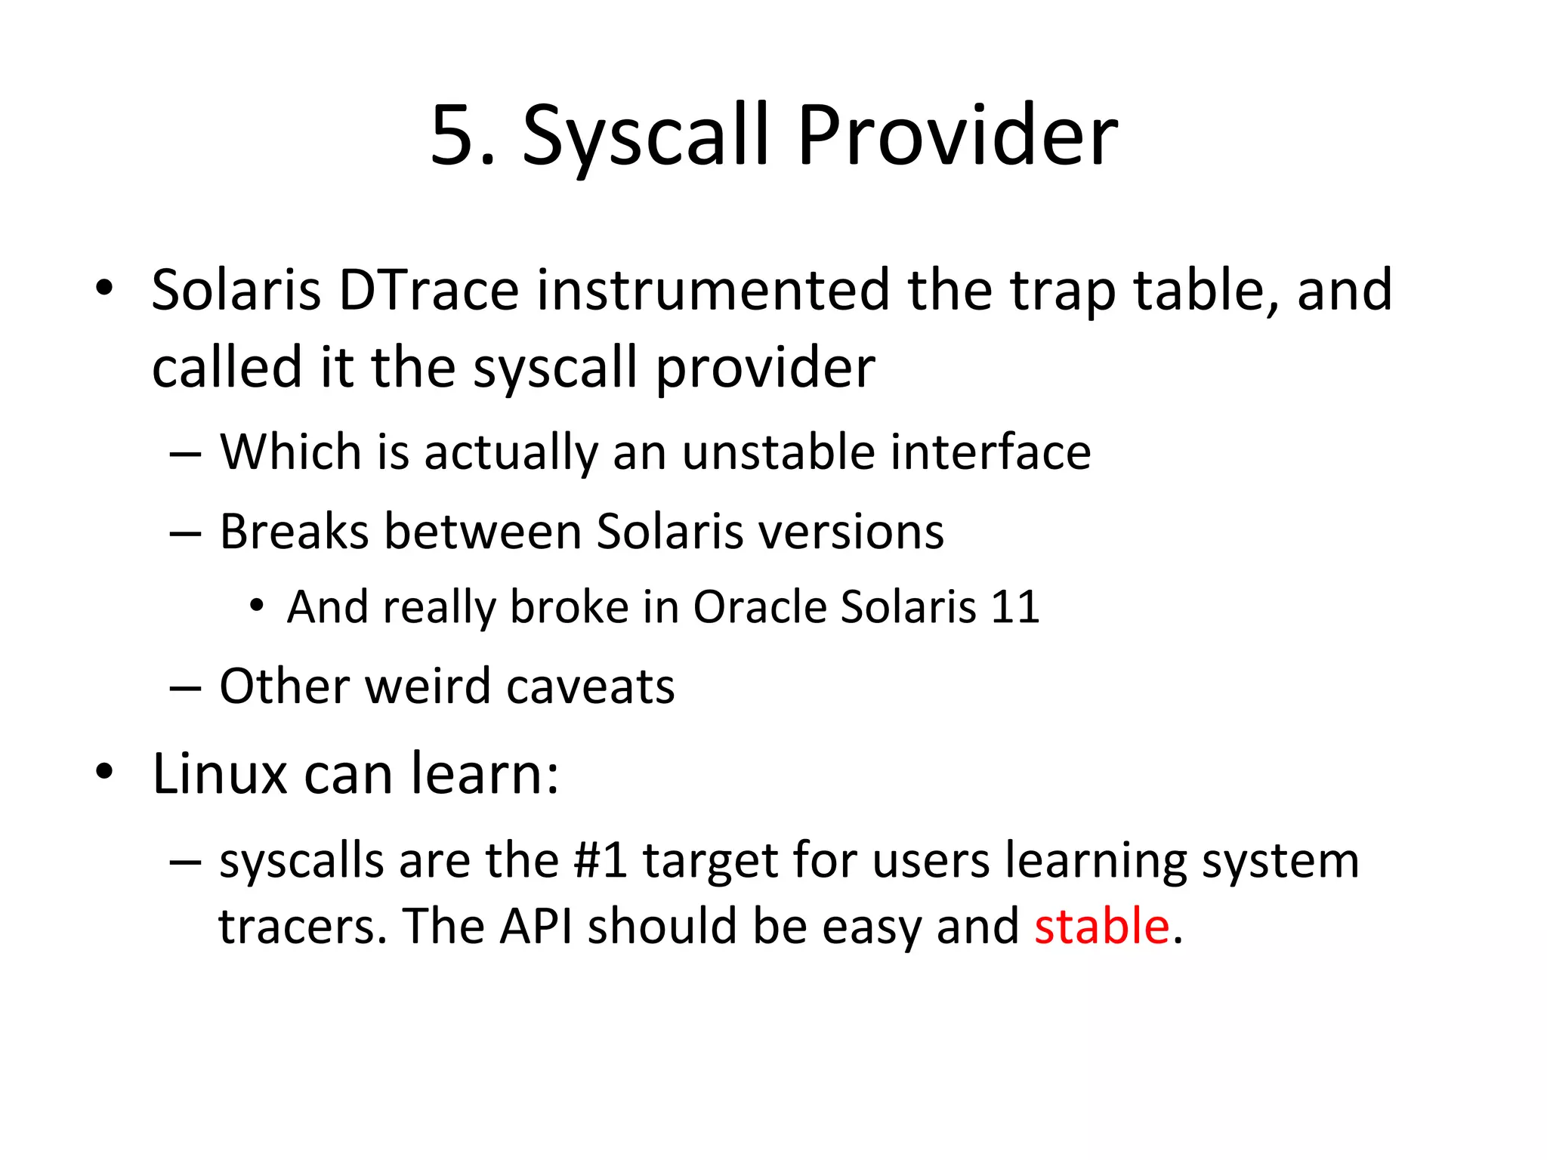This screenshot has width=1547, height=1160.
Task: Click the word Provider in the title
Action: (957, 136)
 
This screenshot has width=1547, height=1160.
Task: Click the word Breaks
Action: (294, 531)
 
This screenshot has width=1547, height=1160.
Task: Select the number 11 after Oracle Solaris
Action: (1015, 606)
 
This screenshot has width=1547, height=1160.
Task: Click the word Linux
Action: (220, 773)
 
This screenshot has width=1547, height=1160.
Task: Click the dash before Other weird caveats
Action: (185, 687)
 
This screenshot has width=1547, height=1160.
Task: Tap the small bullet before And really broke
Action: (258, 606)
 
